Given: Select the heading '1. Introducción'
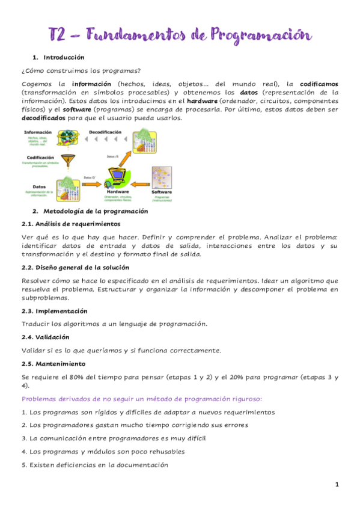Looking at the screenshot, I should click(x=59, y=58).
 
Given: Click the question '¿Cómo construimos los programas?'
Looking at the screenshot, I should click(x=77, y=70).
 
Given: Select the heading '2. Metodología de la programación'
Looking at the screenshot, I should click(x=90, y=211).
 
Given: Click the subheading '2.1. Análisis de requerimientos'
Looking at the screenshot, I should click(x=71, y=224).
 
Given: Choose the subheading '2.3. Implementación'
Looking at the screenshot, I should click(x=54, y=312).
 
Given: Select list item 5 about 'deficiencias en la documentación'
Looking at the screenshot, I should click(x=94, y=465).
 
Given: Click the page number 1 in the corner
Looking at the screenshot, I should click(x=337, y=484).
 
